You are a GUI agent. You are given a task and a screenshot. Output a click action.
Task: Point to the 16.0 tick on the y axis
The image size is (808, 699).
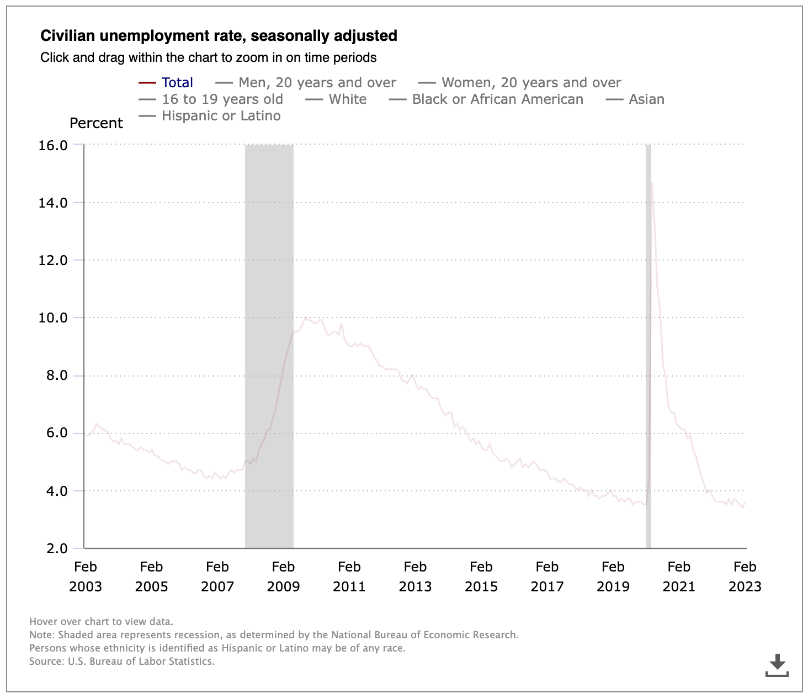point(53,145)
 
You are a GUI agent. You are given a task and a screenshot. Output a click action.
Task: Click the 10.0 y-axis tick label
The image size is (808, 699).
point(53,318)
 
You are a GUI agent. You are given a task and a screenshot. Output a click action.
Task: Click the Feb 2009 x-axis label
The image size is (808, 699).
point(283,576)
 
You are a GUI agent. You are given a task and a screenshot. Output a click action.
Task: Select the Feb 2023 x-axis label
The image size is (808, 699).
point(745,576)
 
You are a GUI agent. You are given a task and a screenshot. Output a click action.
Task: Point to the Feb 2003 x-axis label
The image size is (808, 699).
point(86,576)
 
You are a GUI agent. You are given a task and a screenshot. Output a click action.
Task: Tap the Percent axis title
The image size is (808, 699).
point(96,123)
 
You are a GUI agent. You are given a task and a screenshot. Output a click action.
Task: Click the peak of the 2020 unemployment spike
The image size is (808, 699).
point(652,183)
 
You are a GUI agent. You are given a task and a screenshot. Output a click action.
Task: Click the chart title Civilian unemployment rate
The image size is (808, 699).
point(219,36)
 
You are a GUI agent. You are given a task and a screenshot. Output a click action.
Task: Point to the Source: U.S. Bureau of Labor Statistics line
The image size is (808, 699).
point(122,661)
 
